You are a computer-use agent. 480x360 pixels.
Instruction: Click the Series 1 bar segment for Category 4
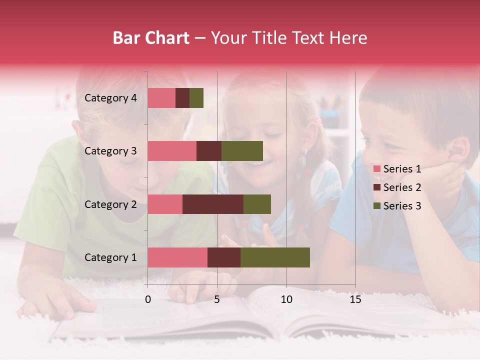pos(161,98)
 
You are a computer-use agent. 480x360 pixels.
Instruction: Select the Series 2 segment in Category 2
pos(213,204)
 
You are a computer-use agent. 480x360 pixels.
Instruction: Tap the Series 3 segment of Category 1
pos(275,257)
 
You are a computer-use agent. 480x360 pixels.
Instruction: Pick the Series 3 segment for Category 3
pos(242,151)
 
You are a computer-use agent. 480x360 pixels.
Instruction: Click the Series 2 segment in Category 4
pos(182,98)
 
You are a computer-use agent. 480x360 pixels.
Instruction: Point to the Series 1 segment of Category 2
pos(165,204)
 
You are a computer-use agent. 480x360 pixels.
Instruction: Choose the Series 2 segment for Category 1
pos(224,257)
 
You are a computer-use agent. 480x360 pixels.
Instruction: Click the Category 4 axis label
pos(110,98)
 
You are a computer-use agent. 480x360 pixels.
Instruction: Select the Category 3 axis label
pos(110,151)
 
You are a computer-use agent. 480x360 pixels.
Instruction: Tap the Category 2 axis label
pos(110,204)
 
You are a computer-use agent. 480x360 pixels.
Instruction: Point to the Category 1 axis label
pos(110,257)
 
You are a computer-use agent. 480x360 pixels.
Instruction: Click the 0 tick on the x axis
pos(148,299)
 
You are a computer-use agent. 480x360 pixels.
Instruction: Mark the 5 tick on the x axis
pos(217,299)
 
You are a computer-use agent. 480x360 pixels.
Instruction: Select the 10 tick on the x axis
pos(286,299)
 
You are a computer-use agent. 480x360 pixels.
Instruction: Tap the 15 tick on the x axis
pos(355,299)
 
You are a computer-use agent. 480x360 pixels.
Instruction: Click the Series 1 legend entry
pos(397,169)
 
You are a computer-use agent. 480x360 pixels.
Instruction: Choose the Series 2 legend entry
pos(397,187)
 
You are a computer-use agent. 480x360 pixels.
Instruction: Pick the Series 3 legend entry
pos(397,206)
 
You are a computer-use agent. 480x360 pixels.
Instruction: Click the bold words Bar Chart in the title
pos(151,38)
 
